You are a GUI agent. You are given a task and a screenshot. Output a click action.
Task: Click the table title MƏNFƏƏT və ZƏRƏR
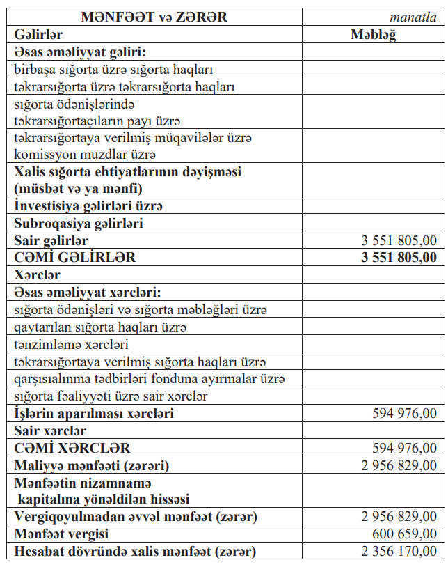(x=154, y=17)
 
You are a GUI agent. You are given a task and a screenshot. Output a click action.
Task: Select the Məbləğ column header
(x=374, y=34)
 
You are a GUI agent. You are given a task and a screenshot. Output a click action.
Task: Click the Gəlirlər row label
(x=38, y=34)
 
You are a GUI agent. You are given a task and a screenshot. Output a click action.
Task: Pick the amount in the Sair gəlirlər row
(x=399, y=240)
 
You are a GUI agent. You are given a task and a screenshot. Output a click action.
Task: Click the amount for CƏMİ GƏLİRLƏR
(x=399, y=257)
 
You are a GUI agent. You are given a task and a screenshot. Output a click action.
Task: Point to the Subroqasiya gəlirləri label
(x=79, y=224)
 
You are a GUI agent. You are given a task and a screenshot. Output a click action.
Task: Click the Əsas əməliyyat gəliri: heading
(x=84, y=52)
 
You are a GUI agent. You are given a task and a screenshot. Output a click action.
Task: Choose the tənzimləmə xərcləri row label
(x=72, y=344)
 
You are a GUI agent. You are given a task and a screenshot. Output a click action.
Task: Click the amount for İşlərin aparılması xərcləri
(x=405, y=414)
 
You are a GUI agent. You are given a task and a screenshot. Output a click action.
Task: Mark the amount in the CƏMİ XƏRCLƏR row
(x=405, y=448)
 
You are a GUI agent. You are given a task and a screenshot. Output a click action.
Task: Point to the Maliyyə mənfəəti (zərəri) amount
(x=399, y=465)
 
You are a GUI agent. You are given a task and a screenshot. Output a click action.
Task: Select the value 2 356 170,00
(x=399, y=552)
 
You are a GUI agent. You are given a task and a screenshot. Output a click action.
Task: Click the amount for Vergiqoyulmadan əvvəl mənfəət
(x=399, y=517)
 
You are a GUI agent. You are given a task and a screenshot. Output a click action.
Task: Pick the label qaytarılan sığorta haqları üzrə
(x=100, y=327)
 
